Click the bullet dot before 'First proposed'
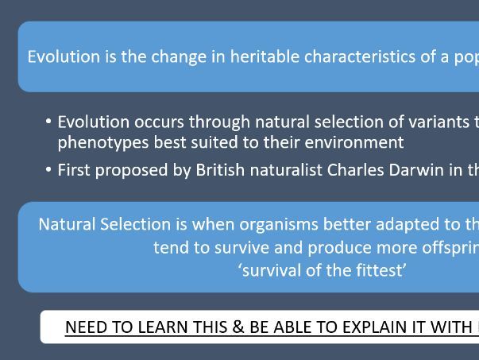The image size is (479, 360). [48, 169]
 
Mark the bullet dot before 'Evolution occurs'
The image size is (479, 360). [48, 121]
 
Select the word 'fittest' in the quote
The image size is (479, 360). [377, 270]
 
